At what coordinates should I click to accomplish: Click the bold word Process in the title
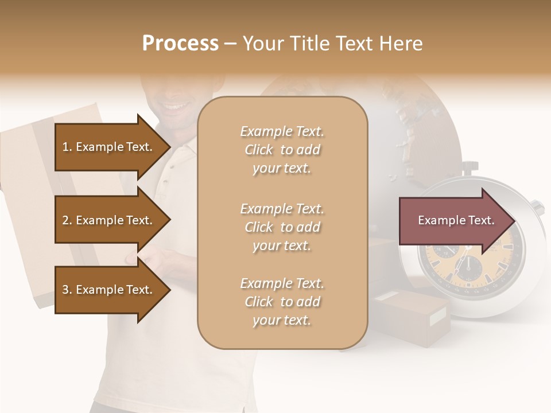pyautogui.click(x=180, y=44)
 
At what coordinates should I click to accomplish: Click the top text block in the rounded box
pyautogui.click(x=282, y=150)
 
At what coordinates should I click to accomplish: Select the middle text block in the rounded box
pyautogui.click(x=282, y=227)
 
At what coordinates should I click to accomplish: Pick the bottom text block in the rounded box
pyautogui.click(x=282, y=301)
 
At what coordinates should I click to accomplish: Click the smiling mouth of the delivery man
pyautogui.click(x=176, y=107)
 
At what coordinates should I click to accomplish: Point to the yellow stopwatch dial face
pyautogui.click(x=465, y=264)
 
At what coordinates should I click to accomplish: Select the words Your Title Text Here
pyautogui.click(x=332, y=44)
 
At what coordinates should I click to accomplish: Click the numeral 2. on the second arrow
pyautogui.click(x=67, y=220)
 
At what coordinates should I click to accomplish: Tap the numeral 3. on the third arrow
pyautogui.click(x=67, y=290)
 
